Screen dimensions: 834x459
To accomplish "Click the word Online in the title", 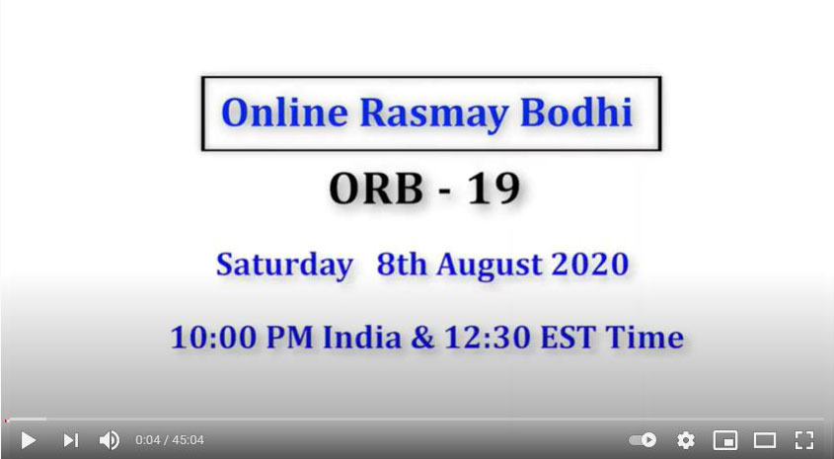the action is pyautogui.click(x=284, y=113).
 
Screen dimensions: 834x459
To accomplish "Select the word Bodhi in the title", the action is pyautogui.click(x=576, y=112).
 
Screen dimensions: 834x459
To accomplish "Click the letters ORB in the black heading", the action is pyautogui.click(x=376, y=189).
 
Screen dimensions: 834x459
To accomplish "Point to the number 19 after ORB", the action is pyautogui.click(x=493, y=189).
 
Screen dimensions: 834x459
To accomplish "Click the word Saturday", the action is pyautogui.click(x=284, y=266).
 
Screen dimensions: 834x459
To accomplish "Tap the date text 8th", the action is pyautogui.click(x=402, y=264).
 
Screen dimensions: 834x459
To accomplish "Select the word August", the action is pyautogui.click(x=489, y=266).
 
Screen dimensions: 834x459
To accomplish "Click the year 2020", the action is pyautogui.click(x=590, y=264).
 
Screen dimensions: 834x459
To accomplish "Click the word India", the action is pyautogui.click(x=361, y=338).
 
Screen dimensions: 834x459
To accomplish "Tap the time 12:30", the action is pyautogui.click(x=488, y=338).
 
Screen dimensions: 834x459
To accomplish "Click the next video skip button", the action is pyautogui.click(x=71, y=440).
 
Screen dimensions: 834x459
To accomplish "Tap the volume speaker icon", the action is pyautogui.click(x=109, y=440).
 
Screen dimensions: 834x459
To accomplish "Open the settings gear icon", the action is pyautogui.click(x=686, y=440).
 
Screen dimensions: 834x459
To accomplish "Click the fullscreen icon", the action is pyautogui.click(x=804, y=440).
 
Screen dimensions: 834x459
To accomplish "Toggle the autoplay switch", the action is pyautogui.click(x=643, y=440).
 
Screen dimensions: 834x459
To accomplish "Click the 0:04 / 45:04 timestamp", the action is pyautogui.click(x=170, y=440).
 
